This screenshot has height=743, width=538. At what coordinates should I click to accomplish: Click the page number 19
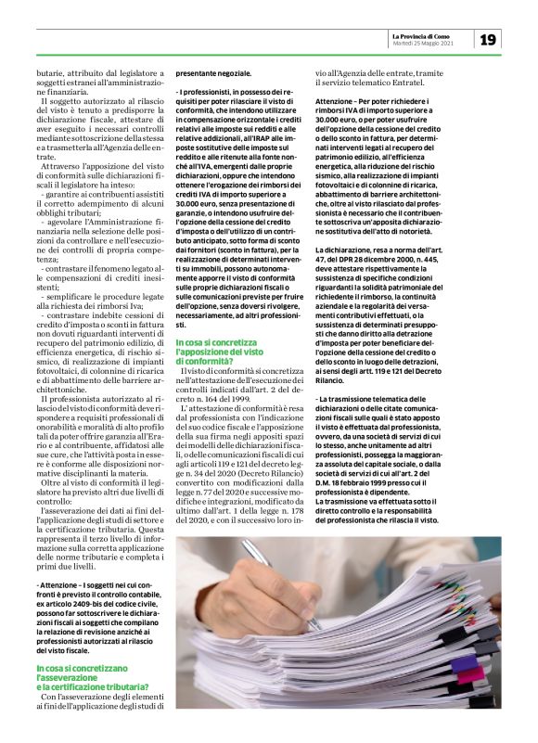[x=488, y=38]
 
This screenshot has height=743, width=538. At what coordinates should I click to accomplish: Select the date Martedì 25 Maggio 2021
[x=424, y=43]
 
